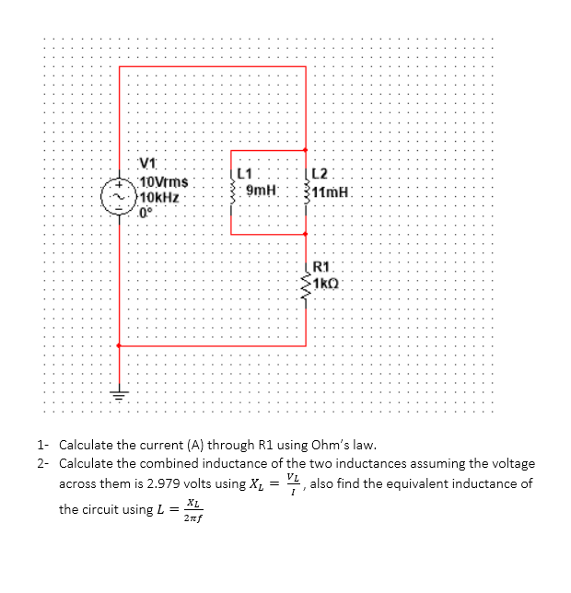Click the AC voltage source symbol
pyautogui.click(x=120, y=197)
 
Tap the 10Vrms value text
pyautogui.click(x=164, y=182)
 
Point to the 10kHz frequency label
pyautogui.click(x=160, y=196)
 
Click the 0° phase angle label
pyautogui.click(x=146, y=211)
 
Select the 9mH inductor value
pyautogui.click(x=262, y=190)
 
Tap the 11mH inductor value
pyautogui.click(x=331, y=193)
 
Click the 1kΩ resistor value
pyautogui.click(x=327, y=283)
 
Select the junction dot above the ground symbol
pyautogui.click(x=120, y=346)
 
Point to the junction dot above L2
pyautogui.click(x=307, y=150)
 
